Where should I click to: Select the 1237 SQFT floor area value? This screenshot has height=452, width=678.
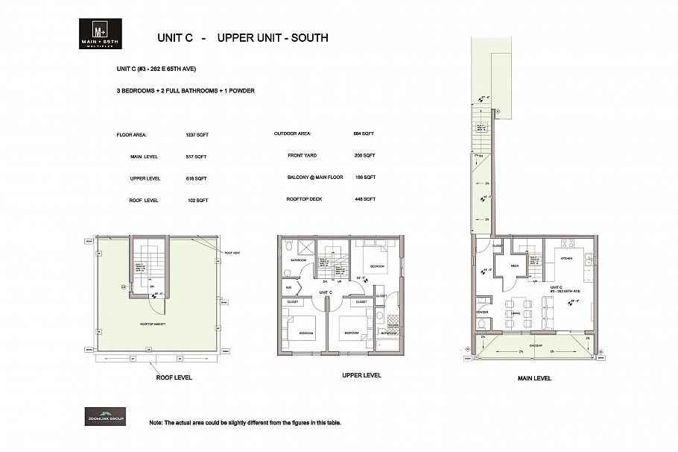coord(196,135)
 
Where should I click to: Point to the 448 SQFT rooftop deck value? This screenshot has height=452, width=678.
coord(364,199)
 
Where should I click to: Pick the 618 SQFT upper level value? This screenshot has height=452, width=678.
coord(196,179)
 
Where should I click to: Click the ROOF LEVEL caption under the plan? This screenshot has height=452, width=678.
coord(173,377)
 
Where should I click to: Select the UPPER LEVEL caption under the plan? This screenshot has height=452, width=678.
coord(361,375)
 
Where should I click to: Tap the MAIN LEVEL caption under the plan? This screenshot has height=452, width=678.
coord(534,378)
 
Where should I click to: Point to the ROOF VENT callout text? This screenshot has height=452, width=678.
coord(232,253)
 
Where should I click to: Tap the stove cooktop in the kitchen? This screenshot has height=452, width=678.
coord(568,243)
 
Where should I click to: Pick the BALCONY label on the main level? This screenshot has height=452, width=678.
coord(535,346)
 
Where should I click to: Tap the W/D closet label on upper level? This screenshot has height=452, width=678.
coord(288,287)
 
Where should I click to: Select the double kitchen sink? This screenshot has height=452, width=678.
coord(589,260)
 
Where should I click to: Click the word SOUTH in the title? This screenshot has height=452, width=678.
coord(306,37)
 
